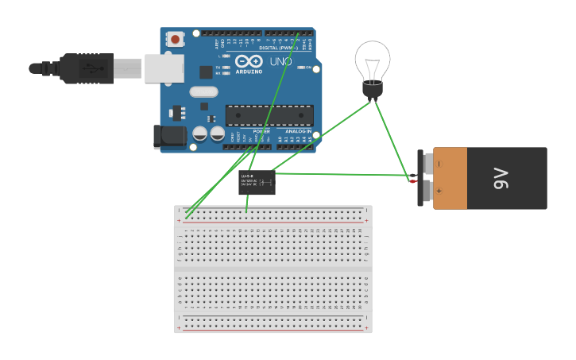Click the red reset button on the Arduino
click(174, 38)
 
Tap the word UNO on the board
click(280, 61)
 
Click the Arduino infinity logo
click(249, 61)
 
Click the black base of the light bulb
click(372, 89)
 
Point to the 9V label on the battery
click(501, 178)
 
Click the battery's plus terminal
click(423, 191)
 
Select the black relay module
click(257, 182)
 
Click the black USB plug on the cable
click(87, 69)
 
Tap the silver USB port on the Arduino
click(164, 68)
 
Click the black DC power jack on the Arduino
click(170, 137)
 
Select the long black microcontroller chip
click(269, 115)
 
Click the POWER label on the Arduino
click(261, 131)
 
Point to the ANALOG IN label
click(298, 131)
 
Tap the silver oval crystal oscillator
click(203, 91)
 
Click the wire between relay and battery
click(342, 174)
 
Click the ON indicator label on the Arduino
click(308, 68)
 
